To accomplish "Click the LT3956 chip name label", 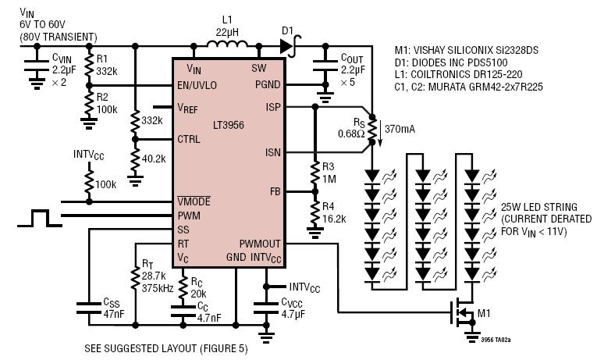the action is [229, 125].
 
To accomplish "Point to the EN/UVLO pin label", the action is [197, 85].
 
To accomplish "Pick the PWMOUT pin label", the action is [260, 244].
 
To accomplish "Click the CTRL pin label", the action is [189, 140].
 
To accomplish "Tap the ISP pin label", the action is [273, 108].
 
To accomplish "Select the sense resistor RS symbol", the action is [372, 130].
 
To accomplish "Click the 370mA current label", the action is [400, 129].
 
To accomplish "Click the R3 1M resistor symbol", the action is [314, 173].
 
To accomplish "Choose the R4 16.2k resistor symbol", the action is [314, 212].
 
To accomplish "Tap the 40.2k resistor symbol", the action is [135, 159].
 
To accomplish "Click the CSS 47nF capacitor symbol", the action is [89, 308].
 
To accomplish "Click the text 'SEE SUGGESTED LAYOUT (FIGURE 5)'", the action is [166, 348].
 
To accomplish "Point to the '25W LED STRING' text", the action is [539, 207].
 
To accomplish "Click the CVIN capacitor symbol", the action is [37, 66].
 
